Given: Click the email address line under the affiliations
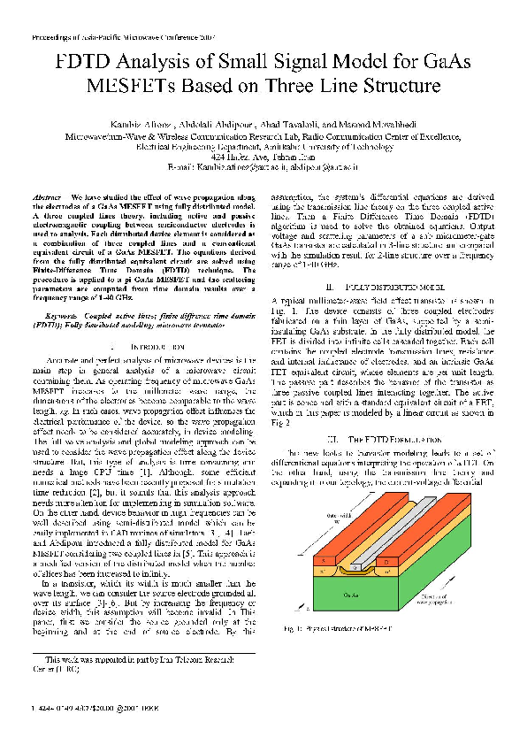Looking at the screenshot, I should pos(263,165).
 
